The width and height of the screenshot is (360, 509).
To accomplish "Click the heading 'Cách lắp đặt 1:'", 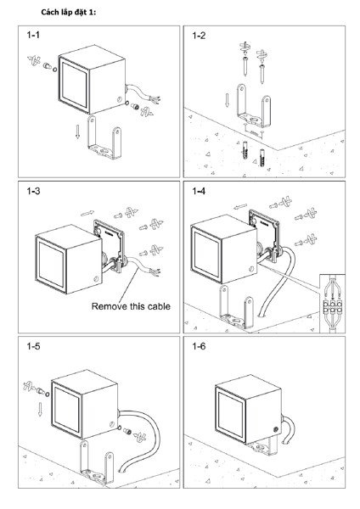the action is pyautogui.click(x=68, y=13).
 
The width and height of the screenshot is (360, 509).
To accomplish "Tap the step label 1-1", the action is pyautogui.click(x=33, y=35).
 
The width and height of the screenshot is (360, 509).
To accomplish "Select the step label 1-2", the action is pyautogui.click(x=199, y=36).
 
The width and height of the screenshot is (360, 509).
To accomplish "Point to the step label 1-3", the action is pyautogui.click(x=33, y=191).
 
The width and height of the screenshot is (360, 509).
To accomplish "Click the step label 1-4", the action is pyautogui.click(x=199, y=191).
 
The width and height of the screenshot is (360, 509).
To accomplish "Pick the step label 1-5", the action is pyautogui.click(x=33, y=346).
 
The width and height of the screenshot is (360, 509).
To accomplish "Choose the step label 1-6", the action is pyautogui.click(x=199, y=346).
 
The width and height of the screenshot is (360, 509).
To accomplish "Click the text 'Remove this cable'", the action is pyautogui.click(x=131, y=306).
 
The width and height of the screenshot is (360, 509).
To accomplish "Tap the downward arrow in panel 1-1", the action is pyautogui.click(x=77, y=131).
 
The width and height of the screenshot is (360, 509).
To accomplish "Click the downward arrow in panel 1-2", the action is pyautogui.click(x=227, y=100).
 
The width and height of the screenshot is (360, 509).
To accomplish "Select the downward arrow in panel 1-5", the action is pyautogui.click(x=40, y=410).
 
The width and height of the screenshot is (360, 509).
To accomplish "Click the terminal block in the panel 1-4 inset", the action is pyautogui.click(x=332, y=307).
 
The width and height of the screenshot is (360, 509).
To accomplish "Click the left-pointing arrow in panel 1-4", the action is pyautogui.click(x=240, y=206).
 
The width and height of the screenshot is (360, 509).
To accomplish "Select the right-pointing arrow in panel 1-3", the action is pyautogui.click(x=87, y=213).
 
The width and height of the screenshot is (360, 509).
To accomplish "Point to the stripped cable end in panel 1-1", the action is pyautogui.click(x=155, y=99).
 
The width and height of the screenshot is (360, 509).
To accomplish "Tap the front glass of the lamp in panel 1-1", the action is pyautogui.click(x=75, y=85).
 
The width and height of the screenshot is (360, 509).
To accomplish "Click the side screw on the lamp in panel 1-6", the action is pyautogui.click(x=276, y=429).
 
